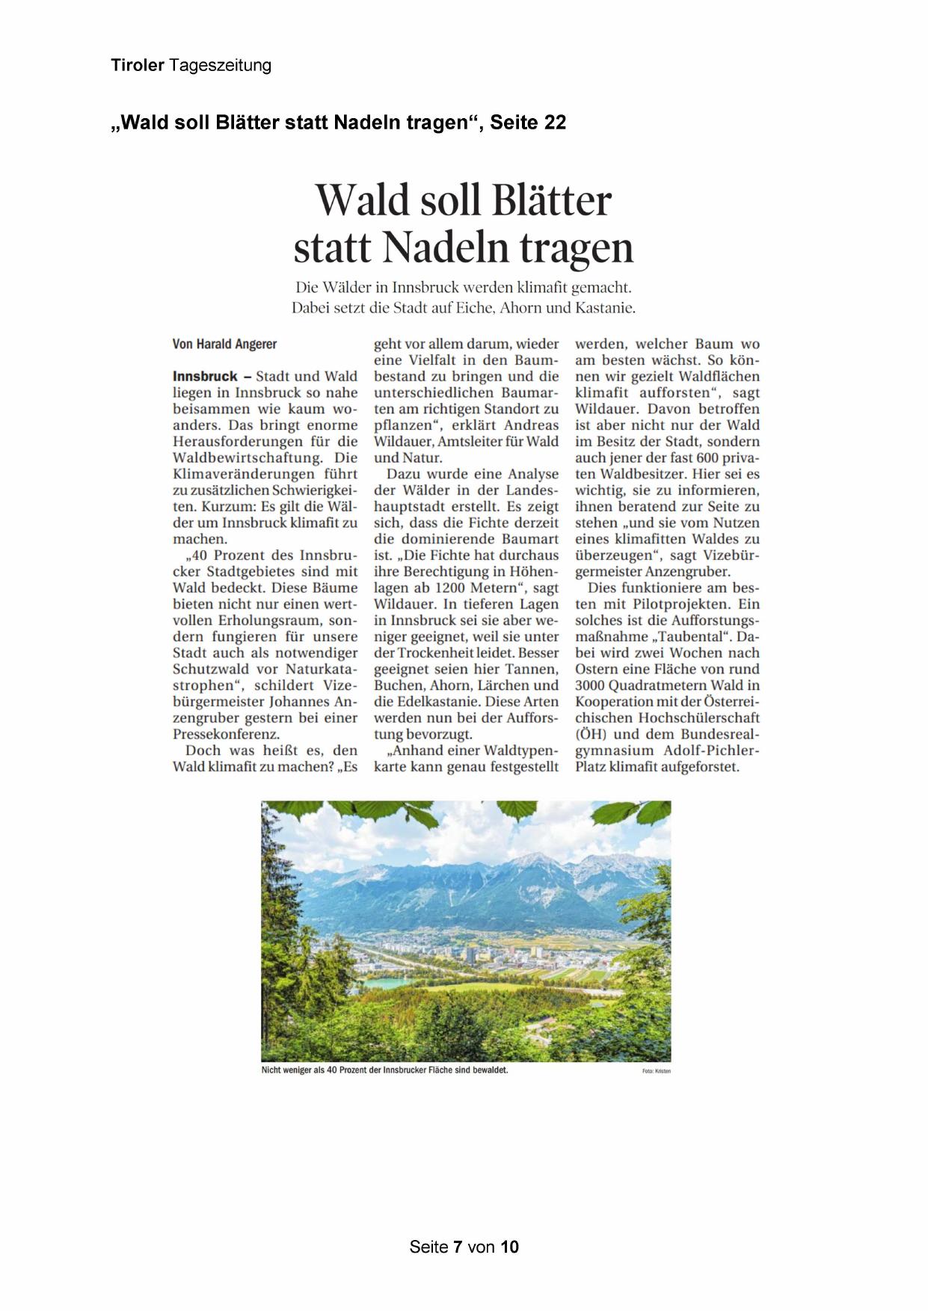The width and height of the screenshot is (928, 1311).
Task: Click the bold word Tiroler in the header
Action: (x=138, y=65)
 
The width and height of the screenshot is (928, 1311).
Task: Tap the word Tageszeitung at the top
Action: (x=220, y=66)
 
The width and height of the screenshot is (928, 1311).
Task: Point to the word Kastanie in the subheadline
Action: (x=608, y=307)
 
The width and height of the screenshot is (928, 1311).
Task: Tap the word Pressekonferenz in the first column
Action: (x=226, y=734)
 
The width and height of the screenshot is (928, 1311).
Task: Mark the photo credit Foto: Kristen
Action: (x=656, y=1071)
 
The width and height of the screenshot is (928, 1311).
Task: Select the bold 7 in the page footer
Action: (x=458, y=1247)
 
